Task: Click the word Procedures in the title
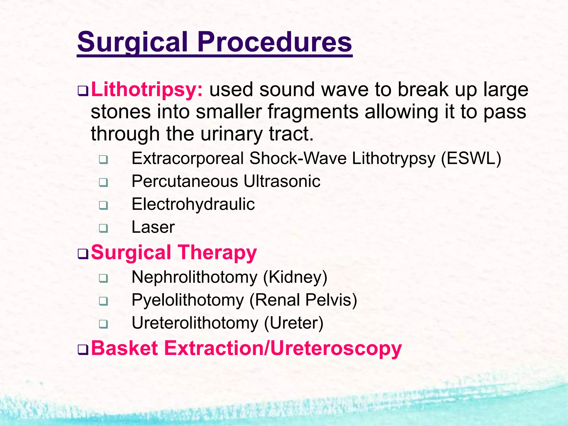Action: coord(274,42)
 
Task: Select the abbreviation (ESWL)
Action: coord(471,158)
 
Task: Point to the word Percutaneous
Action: coord(184,181)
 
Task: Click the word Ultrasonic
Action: coord(282,181)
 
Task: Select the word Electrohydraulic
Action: coord(193,204)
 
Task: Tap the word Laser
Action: coord(153,227)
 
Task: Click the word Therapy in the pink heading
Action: coord(217,252)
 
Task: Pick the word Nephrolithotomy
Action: coord(194,277)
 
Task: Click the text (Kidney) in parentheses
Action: coord(295,277)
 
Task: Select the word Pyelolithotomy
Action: coord(187,300)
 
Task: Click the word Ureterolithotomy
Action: coord(195,323)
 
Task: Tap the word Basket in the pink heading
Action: coord(125,348)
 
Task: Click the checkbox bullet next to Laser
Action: coord(103,228)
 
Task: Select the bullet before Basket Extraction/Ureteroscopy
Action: coord(83,350)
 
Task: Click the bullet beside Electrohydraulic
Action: coord(103,205)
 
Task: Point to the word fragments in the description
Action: coord(313,112)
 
